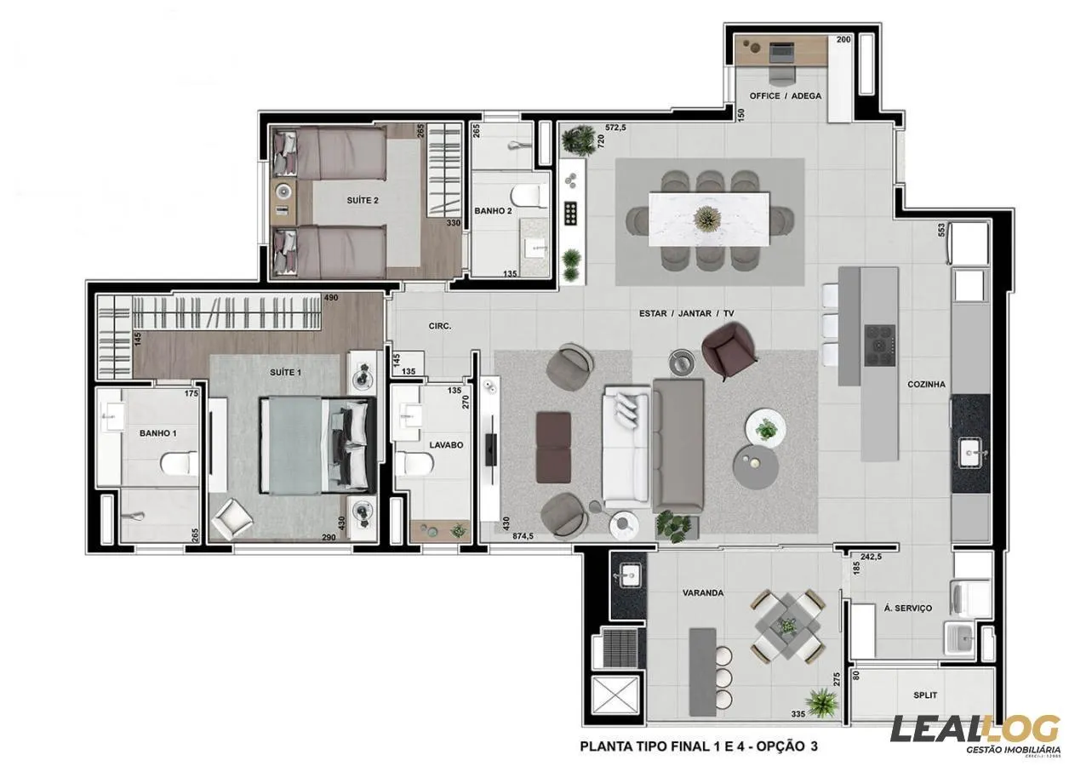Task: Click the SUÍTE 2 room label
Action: [x=363, y=200]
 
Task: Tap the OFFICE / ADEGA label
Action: [x=785, y=95]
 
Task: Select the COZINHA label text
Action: [x=926, y=385]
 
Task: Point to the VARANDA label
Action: [x=702, y=592]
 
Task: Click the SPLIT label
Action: [x=925, y=695]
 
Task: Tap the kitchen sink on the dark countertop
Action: [x=970, y=452]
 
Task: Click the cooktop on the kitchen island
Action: [x=879, y=346]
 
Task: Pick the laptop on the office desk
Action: [x=780, y=53]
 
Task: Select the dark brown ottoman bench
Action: [x=553, y=447]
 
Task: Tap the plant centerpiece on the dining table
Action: [x=706, y=219]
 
